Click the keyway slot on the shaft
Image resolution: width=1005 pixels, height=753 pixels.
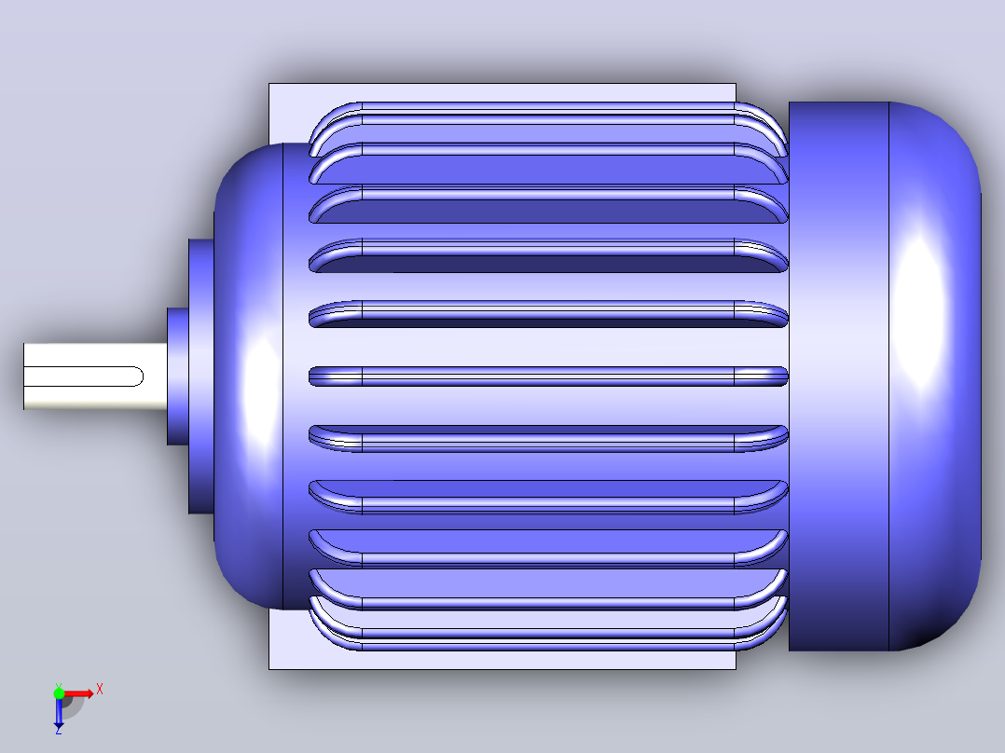coord(83,376)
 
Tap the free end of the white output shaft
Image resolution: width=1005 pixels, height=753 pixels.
coord(24,376)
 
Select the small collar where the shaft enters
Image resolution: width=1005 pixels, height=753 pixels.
coord(177,376)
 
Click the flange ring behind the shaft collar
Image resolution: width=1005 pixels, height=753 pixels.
coord(201,376)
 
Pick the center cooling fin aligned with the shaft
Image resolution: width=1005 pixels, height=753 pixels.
coord(548,376)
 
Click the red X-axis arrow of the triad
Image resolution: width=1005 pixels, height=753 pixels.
coord(79,694)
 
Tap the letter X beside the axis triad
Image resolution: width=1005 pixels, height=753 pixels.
coord(100,690)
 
